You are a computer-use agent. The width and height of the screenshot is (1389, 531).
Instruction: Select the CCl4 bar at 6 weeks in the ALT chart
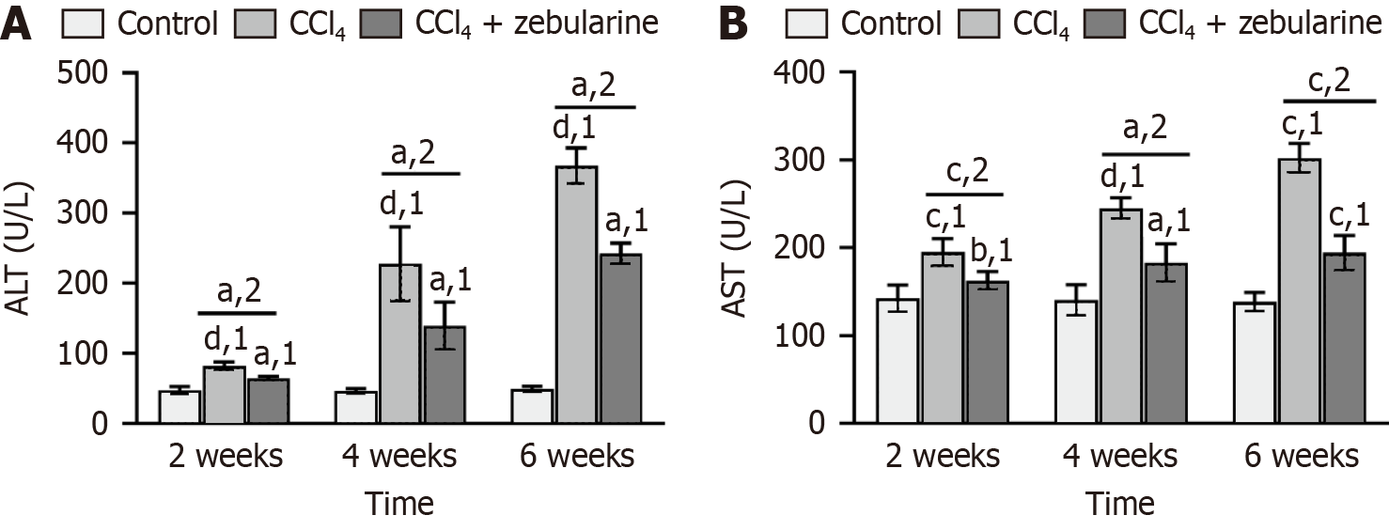574,295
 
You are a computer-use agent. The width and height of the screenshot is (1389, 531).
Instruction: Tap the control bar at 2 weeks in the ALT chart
179,407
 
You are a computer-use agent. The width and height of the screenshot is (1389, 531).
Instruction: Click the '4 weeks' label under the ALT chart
398,458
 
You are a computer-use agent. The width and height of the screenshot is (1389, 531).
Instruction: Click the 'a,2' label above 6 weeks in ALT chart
597,86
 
